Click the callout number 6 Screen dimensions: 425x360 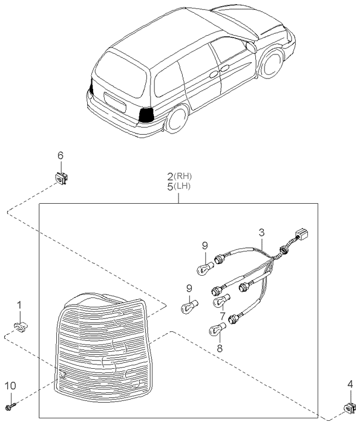(x=60, y=156)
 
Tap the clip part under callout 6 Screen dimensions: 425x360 (x=61, y=178)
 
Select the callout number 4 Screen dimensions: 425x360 (x=350, y=383)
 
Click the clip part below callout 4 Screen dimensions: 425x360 (x=349, y=410)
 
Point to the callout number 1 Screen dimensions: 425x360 (x=19, y=306)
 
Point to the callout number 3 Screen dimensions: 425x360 (x=261, y=232)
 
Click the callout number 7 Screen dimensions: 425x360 (x=222, y=316)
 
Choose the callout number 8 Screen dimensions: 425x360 (x=220, y=348)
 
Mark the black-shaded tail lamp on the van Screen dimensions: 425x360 (x=146, y=115)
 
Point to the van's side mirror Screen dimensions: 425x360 (x=250, y=46)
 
